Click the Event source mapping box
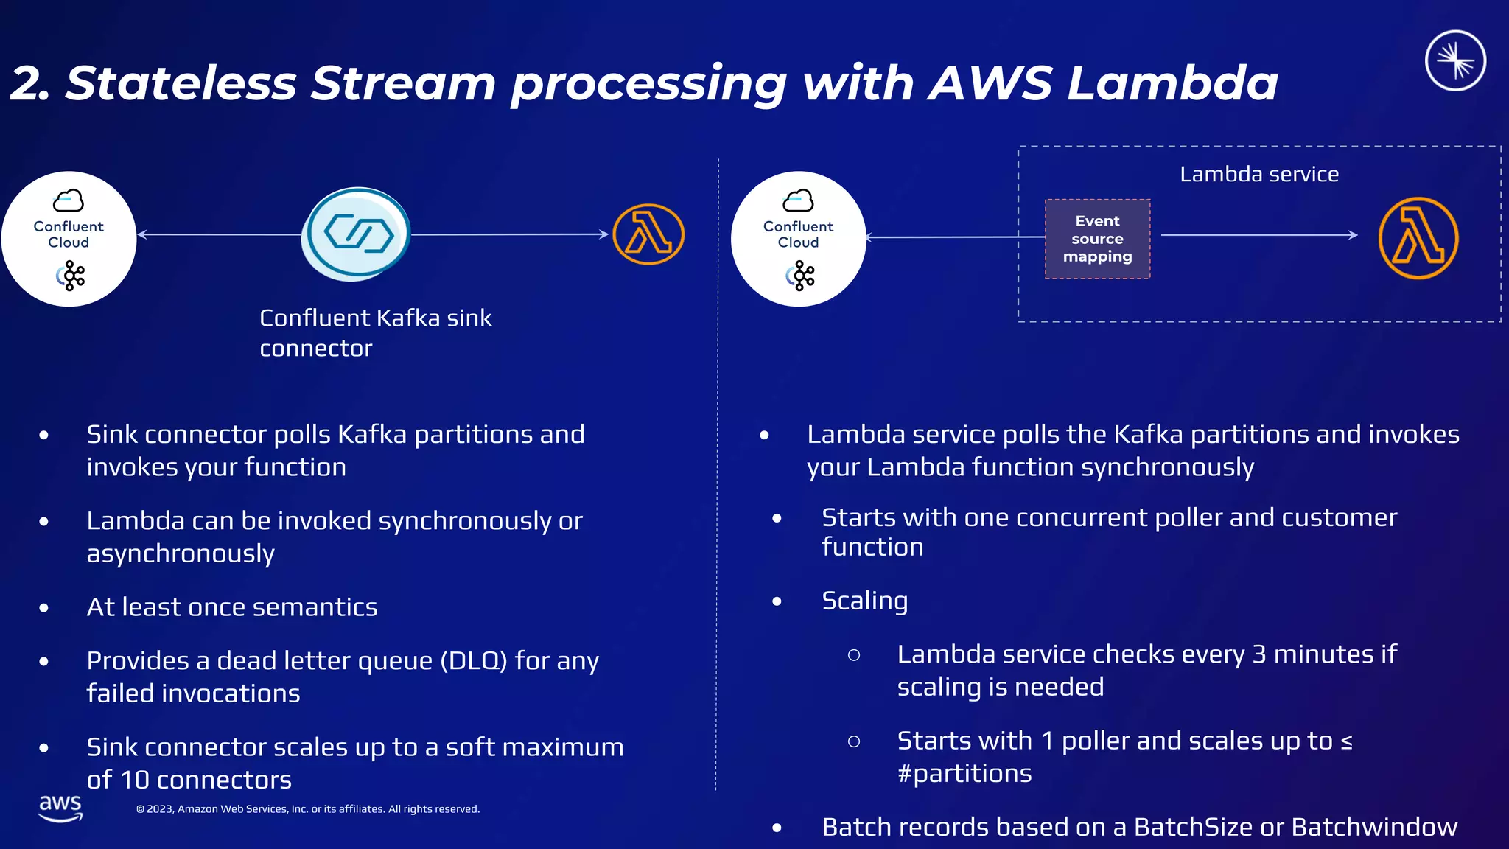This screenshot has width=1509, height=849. [1097, 239]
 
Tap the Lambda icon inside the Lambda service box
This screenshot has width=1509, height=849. [1418, 238]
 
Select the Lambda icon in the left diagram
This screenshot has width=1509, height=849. [648, 234]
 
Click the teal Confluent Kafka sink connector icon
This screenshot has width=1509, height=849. [357, 234]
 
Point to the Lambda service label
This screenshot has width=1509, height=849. [1258, 175]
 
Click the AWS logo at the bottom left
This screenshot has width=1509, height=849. [60, 808]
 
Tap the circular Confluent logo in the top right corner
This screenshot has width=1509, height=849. [1454, 60]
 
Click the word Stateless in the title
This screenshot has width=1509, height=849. [181, 83]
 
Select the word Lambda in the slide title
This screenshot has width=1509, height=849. [1172, 83]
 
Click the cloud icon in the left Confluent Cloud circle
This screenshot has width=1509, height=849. [69, 200]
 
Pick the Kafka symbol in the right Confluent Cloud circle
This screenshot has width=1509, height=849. [800, 276]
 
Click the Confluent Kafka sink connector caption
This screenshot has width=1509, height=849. [375, 332]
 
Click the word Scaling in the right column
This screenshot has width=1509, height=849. [864, 601]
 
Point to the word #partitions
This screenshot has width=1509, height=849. [964, 774]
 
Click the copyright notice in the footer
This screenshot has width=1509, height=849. [307, 809]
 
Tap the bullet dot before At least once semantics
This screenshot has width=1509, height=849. [44, 608]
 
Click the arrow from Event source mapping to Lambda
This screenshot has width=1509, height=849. [1258, 235]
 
